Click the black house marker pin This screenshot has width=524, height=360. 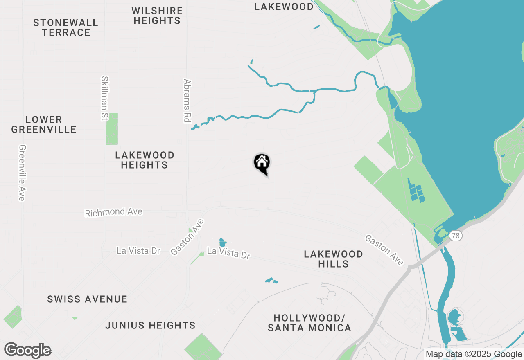tap(262, 163)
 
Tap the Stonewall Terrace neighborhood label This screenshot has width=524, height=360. tap(66, 27)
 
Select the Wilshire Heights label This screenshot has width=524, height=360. tap(157, 16)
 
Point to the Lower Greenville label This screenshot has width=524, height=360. tap(44, 125)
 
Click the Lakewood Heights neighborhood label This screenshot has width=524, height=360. tap(145, 160)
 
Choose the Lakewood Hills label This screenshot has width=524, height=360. tap(333, 259)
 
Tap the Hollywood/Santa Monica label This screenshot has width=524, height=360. tap(309, 323)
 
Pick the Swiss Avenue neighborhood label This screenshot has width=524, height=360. tap(87, 299)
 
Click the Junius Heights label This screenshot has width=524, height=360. tap(150, 325)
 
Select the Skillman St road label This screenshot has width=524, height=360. tap(104, 98)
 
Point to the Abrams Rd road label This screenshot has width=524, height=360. tap(187, 101)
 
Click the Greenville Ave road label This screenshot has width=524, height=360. tap(22, 173)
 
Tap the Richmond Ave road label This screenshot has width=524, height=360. tap(113, 212)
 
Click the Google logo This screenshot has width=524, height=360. tap(27, 351)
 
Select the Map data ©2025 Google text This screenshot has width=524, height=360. tap(474, 354)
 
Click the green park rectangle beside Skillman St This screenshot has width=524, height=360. tap(112, 129)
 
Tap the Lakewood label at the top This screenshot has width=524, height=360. tap(284, 7)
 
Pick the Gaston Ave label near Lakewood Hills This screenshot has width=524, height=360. tap(384, 250)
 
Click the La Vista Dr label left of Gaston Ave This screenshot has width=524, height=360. tap(138, 250)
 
